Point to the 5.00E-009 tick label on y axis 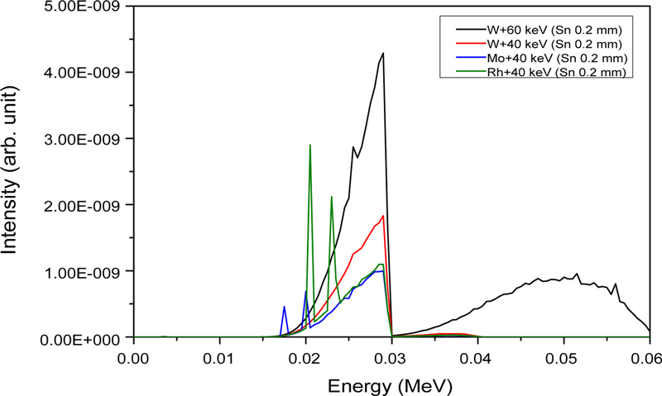(x=84, y=7)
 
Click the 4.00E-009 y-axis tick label (x=84, y=73)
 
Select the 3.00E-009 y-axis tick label (x=84, y=139)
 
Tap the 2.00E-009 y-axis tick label (x=84, y=205)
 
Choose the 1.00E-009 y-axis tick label (x=84, y=272)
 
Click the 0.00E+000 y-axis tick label (x=84, y=337)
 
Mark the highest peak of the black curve (x=383, y=53)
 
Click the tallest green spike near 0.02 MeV (x=309, y=146)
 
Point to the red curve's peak (x=383, y=217)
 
